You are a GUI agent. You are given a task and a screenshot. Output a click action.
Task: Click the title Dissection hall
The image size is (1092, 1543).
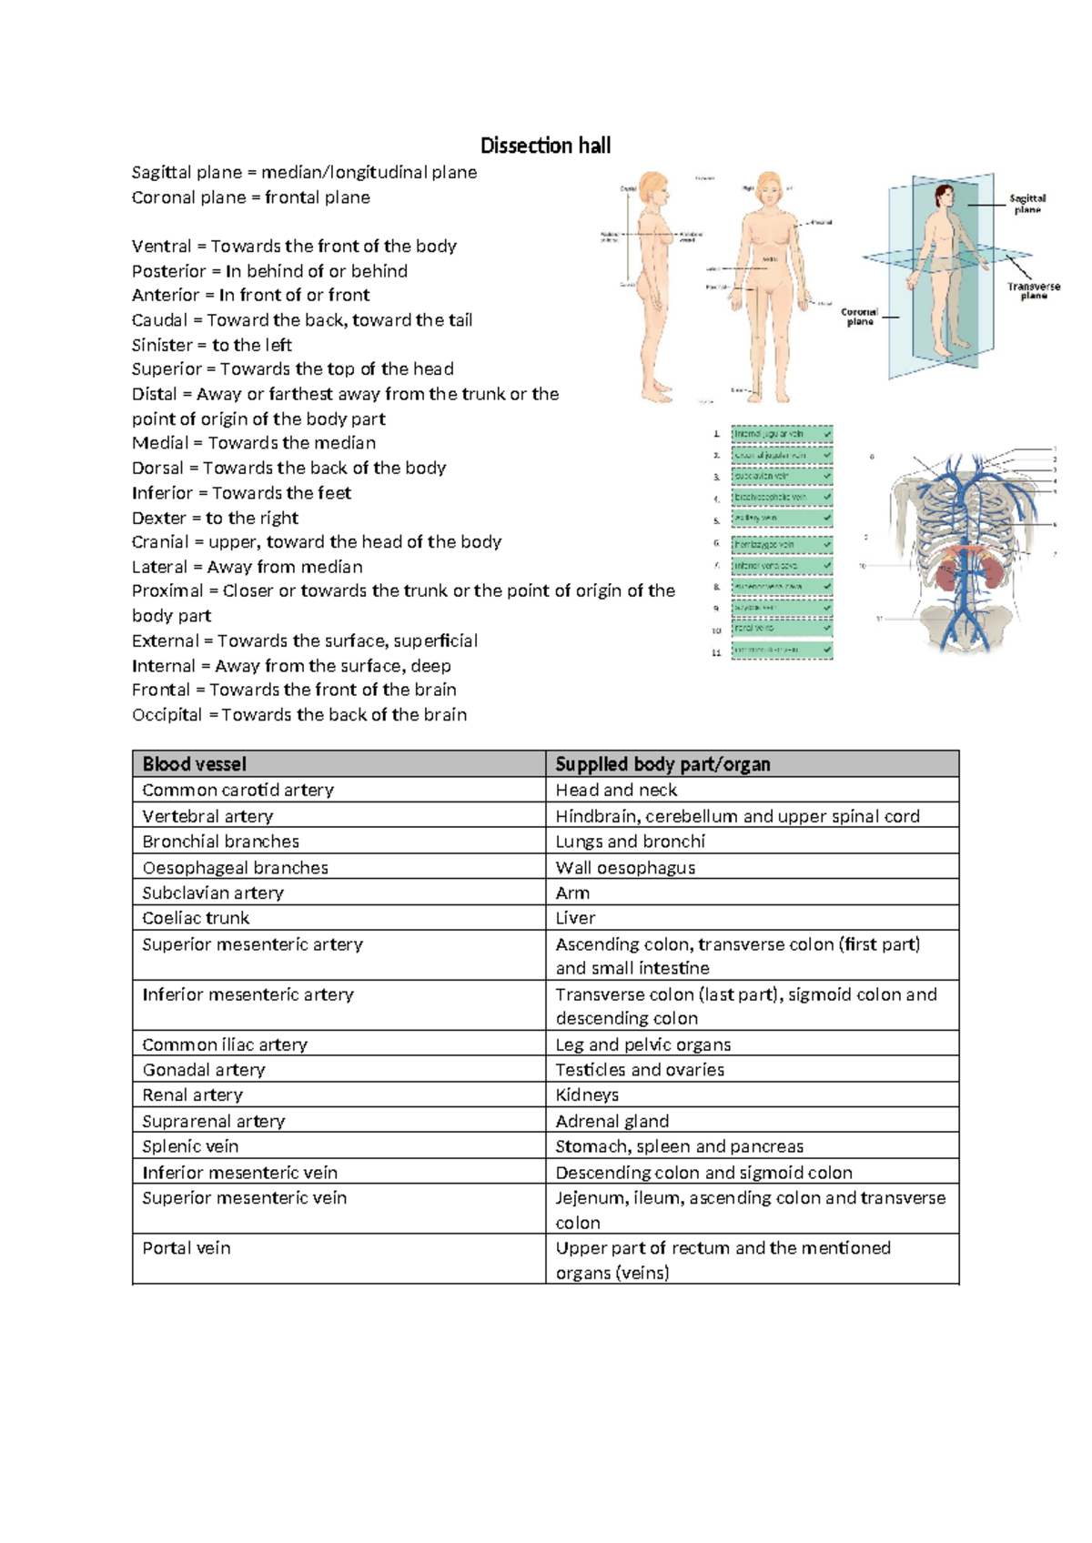point(545,146)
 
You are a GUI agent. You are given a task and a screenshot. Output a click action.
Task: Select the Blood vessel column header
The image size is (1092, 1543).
point(194,764)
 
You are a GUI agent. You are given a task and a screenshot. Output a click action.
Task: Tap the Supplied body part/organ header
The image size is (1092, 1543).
point(662,764)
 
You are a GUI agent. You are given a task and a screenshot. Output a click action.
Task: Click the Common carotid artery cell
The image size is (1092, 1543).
point(238,790)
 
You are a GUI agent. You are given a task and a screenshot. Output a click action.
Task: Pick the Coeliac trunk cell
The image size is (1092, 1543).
point(196,918)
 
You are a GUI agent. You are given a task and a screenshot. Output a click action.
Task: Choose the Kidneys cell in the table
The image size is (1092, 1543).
point(587,1094)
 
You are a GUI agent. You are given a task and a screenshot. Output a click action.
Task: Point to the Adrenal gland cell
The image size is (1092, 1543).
point(612,1121)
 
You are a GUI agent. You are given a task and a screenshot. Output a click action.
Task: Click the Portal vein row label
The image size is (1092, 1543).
point(187,1248)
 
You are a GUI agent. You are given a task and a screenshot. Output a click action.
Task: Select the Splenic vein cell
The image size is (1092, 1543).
point(190,1146)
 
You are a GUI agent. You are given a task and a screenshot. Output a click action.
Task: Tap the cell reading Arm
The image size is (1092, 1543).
point(572,893)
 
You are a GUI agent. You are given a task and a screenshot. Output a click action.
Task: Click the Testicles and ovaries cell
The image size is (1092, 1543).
point(640,1070)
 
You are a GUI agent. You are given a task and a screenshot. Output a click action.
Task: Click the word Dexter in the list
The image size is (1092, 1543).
point(159,518)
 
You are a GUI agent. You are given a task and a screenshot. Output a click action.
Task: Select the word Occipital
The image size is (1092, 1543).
point(167,715)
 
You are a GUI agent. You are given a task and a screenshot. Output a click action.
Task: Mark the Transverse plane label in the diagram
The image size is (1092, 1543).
point(1034,290)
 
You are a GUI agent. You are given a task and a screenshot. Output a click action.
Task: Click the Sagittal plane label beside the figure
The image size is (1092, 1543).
point(1027,203)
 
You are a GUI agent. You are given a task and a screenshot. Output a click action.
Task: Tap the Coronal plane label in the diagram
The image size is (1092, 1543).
point(859,317)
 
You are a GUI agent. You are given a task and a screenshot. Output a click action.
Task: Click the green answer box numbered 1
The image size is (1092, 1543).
point(782,434)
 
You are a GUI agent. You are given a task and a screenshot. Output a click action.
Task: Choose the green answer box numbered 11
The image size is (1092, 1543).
point(782,650)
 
